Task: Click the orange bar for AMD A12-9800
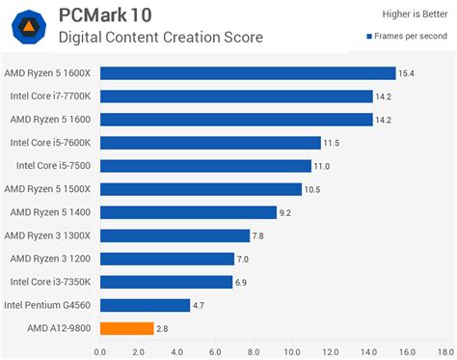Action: pos(126,329)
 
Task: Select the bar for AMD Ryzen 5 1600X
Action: pos(248,73)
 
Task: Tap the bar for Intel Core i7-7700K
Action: pos(236,97)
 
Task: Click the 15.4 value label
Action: pos(407,73)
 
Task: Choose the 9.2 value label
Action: pos(285,212)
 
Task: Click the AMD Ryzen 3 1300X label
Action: pos(48,235)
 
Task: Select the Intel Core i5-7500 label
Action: pos(52,166)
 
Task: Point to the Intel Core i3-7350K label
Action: pos(50,282)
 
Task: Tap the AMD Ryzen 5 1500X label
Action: pos(48,189)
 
